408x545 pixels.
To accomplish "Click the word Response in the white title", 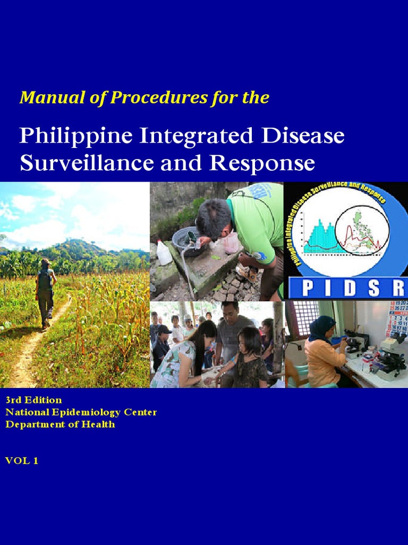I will click(x=262, y=163).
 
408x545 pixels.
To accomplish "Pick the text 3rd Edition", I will click(x=33, y=400).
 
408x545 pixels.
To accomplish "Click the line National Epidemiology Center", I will click(x=81, y=412).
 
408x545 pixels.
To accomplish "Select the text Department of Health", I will click(x=60, y=424).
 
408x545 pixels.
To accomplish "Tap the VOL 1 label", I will click(x=22, y=461).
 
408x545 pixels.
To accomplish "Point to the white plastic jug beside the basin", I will click(x=164, y=252).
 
